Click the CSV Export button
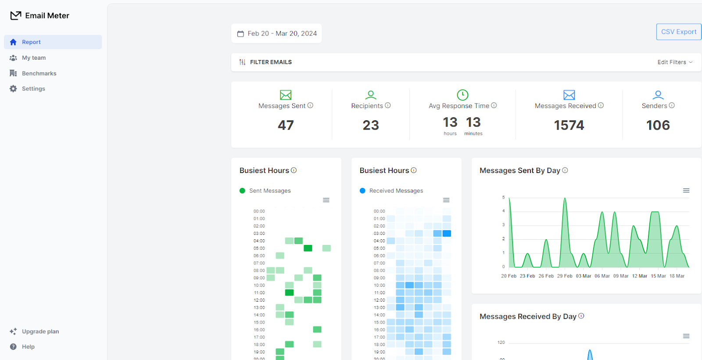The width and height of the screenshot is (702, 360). (678, 32)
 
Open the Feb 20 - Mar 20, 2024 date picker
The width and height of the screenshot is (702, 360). (277, 33)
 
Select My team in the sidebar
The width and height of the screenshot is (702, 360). (34, 58)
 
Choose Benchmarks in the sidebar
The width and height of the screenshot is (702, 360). (39, 73)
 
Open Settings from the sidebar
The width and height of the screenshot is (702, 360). (33, 89)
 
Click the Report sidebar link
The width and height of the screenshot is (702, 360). (31, 42)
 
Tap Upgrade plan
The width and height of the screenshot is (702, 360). (40, 331)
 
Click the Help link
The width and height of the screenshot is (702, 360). (28, 347)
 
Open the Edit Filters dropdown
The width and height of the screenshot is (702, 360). (675, 62)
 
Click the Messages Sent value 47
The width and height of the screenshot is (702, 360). (286, 126)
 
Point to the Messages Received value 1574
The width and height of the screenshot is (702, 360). (569, 126)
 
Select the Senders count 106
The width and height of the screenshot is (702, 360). (658, 126)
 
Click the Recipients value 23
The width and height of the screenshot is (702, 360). (371, 126)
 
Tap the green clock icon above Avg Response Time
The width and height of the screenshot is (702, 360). (462, 95)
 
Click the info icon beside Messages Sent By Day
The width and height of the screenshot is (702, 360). (565, 170)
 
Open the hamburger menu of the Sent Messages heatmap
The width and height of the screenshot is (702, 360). (326, 200)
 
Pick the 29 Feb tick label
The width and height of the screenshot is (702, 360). (565, 276)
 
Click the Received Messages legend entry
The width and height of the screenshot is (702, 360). (396, 191)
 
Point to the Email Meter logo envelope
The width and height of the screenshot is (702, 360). (16, 16)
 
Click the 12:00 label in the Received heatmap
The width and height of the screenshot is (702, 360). (379, 300)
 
